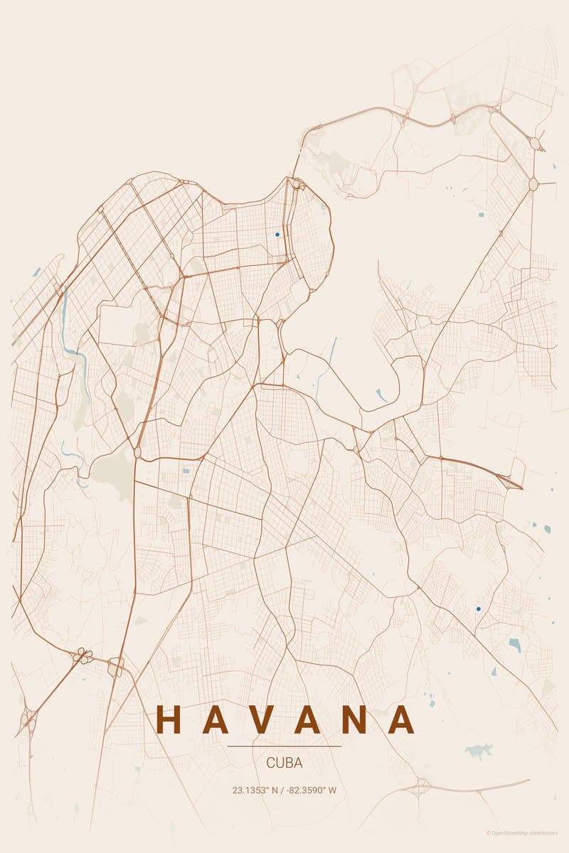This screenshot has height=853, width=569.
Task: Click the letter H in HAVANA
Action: point(169,719)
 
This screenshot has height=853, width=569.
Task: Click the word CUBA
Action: point(284,763)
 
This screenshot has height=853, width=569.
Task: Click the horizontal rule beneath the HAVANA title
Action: point(284,746)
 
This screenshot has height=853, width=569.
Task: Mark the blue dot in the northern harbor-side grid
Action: point(277,234)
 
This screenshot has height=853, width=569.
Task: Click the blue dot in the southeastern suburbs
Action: point(478,608)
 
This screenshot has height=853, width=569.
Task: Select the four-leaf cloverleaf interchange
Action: point(83,655)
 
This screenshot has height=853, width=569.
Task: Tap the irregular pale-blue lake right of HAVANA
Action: point(479,751)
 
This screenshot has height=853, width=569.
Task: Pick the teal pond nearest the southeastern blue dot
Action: point(514,644)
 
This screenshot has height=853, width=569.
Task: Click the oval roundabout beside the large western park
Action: point(137,451)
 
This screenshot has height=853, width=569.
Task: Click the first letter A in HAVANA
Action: point(216,719)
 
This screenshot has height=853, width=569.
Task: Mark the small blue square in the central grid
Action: point(186,471)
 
